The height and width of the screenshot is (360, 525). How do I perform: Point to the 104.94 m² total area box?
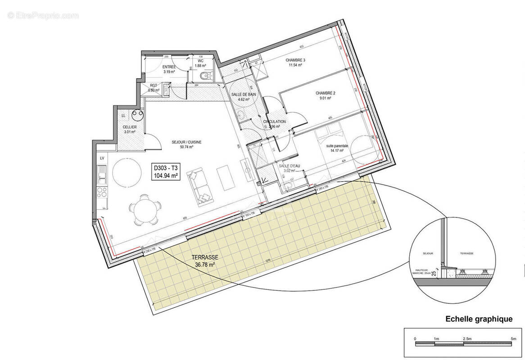(166, 172)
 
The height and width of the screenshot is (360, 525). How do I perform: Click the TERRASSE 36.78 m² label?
(204, 261)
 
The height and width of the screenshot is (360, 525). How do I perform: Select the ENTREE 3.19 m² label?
(169, 69)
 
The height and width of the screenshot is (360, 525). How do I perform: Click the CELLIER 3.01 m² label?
(130, 130)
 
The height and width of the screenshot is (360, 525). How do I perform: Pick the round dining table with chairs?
(145, 210)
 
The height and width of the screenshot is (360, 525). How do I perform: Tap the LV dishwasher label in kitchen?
(102, 158)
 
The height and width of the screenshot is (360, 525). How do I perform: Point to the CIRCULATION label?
(275, 124)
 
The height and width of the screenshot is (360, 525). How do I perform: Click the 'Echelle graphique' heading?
(479, 319)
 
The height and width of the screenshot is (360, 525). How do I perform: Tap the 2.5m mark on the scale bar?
(466, 338)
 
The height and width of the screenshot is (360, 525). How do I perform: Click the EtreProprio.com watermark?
(43, 15)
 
